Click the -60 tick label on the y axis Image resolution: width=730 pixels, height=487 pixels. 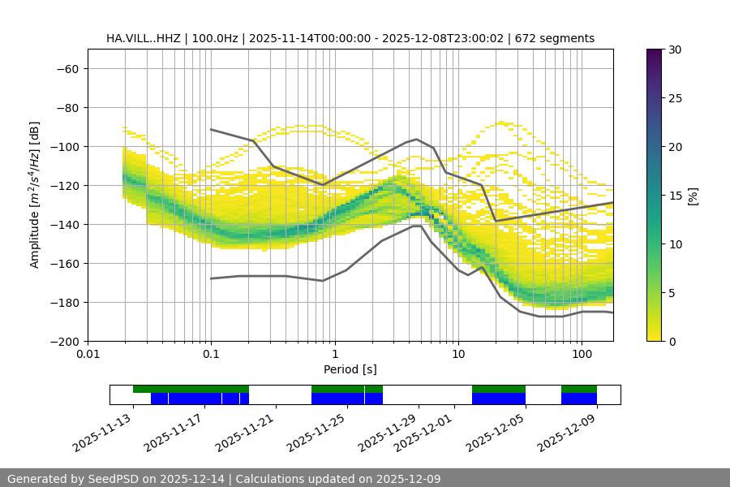pyautogui.click(x=67, y=68)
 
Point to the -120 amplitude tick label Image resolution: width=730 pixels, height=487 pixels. pyautogui.click(x=63, y=185)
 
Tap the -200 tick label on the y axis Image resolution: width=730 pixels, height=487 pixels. pyautogui.click(x=63, y=341)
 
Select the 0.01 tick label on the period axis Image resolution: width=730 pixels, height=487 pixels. pyautogui.click(x=88, y=354)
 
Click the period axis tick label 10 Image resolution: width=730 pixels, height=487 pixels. pyautogui.click(x=458, y=354)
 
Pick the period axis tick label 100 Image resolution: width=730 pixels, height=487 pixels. pyautogui.click(x=582, y=354)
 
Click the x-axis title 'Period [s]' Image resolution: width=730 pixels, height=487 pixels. pyautogui.click(x=350, y=369)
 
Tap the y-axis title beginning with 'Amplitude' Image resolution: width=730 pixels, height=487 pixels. pyautogui.click(x=35, y=195)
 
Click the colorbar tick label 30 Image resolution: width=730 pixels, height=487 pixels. pyautogui.click(x=673, y=50)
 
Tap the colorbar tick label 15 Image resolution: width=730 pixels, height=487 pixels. pyautogui.click(x=673, y=196)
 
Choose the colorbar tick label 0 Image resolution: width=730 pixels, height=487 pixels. pyautogui.click(x=670, y=341)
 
